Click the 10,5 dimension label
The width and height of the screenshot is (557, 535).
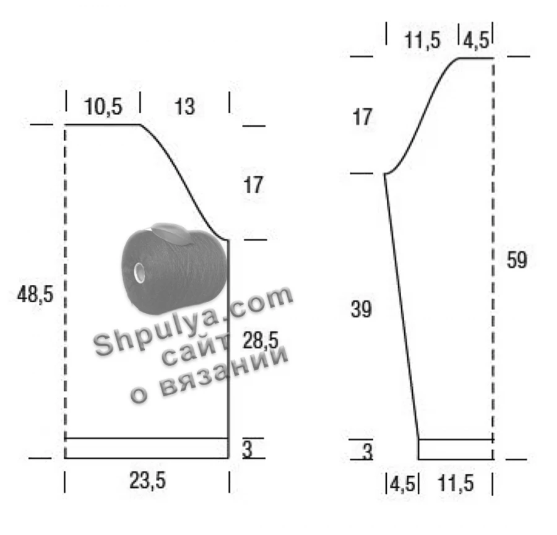[103, 107]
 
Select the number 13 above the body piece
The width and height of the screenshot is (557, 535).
[184, 107]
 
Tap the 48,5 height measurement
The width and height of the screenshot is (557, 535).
[35, 294]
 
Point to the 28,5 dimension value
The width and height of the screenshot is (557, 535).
[261, 340]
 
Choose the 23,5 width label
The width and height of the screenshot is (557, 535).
[147, 481]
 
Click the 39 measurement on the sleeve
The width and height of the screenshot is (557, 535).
[361, 308]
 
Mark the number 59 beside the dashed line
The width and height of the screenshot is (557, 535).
[517, 260]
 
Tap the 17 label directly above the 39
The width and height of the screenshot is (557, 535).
[362, 117]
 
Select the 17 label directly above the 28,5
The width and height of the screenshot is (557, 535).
[253, 185]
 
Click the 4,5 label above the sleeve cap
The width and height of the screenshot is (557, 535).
[476, 40]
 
